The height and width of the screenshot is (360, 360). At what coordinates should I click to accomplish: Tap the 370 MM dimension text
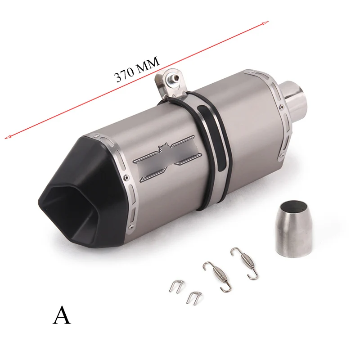(137, 69)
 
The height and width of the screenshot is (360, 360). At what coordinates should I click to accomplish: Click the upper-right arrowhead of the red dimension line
(266, 23)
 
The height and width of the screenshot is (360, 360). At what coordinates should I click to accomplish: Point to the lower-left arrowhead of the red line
(7, 137)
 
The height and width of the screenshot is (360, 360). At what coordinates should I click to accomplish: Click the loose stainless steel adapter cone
(294, 228)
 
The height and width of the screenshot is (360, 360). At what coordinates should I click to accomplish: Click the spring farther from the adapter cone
(217, 276)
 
